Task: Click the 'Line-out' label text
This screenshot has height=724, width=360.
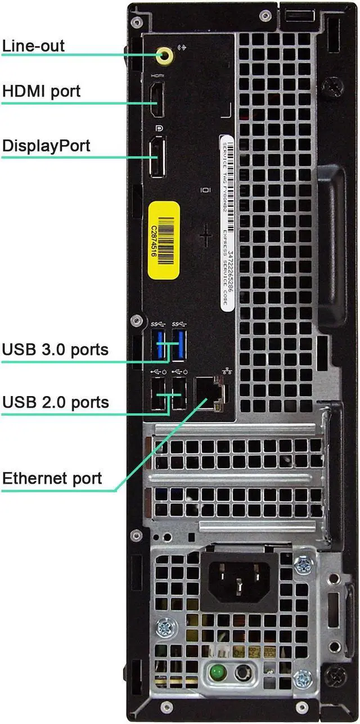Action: click(x=33, y=46)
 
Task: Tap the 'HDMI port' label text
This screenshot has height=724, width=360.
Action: click(x=41, y=91)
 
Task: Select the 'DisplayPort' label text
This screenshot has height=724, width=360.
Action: click(x=46, y=146)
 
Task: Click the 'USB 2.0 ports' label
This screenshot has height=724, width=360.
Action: click(x=55, y=402)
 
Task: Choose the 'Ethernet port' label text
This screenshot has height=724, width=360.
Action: click(x=52, y=479)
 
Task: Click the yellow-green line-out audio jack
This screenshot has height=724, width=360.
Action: click(x=165, y=55)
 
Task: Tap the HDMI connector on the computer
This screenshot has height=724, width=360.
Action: click(x=157, y=100)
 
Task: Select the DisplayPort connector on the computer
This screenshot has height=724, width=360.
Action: click(x=157, y=155)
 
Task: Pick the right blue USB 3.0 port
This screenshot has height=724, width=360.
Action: click(x=179, y=345)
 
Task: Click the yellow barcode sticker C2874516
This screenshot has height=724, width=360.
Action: click(x=163, y=239)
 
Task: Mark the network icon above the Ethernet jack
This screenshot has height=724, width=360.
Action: click(x=227, y=372)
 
